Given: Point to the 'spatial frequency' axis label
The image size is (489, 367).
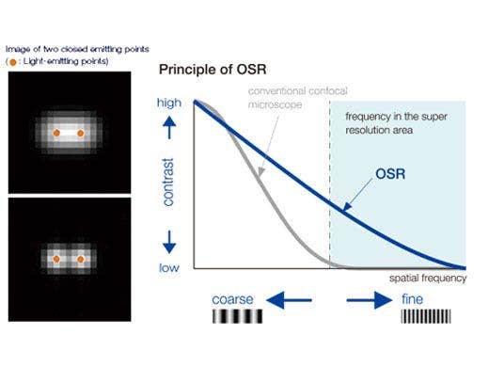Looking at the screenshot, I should pyautogui.click(x=426, y=279).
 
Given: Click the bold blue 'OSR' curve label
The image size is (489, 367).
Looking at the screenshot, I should pyautogui.click(x=392, y=175).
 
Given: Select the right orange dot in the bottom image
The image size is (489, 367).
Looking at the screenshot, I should pyautogui.click(x=81, y=257).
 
